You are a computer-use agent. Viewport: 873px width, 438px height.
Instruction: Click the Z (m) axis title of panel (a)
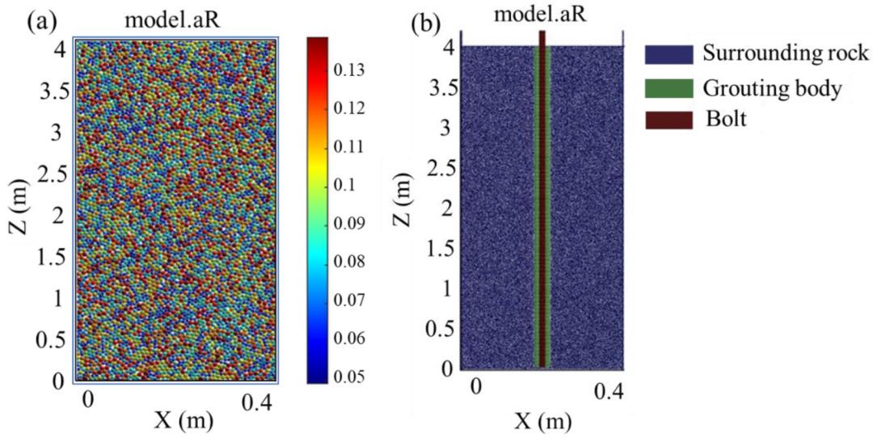point(20,213)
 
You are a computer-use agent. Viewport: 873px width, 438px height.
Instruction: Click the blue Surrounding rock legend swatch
point(668,54)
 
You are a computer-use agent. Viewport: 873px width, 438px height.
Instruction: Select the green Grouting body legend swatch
point(668,89)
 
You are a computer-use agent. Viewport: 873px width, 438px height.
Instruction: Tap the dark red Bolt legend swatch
point(668,120)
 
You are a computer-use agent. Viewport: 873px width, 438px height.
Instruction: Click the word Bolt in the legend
point(726,120)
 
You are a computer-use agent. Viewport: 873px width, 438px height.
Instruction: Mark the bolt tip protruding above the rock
point(542,39)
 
